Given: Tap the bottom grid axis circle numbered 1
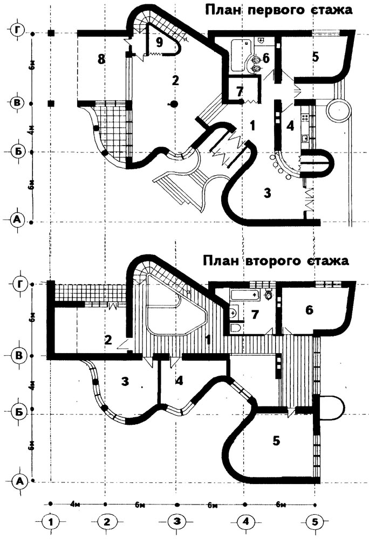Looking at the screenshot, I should tap(50, 522).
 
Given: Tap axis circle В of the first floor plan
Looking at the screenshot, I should tap(18, 102).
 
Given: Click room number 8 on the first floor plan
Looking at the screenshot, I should tap(100, 59).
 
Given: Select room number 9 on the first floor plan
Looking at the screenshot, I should tap(159, 42).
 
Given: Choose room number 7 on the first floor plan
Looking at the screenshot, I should tap(240, 89).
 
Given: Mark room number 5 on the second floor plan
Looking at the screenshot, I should tap(276, 441).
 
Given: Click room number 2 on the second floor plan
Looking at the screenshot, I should tap(108, 340).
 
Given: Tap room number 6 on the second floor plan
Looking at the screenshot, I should tap(309, 310).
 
